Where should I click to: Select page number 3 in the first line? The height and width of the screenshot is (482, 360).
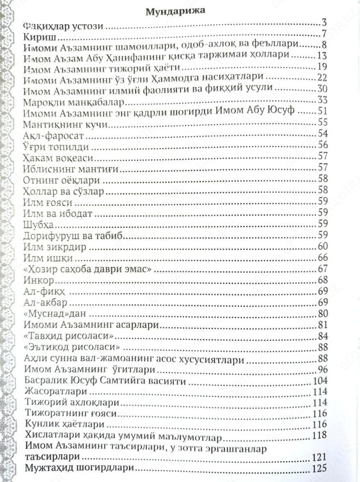click(x=323, y=23)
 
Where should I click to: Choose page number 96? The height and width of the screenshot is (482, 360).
click(x=321, y=369)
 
